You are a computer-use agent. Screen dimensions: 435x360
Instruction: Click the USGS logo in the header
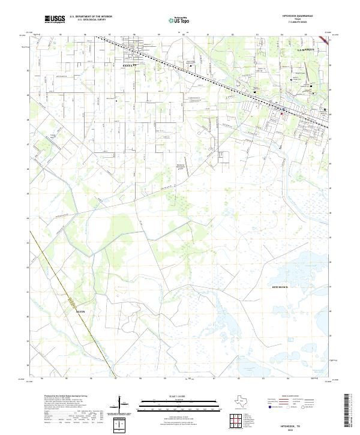[55, 19]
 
